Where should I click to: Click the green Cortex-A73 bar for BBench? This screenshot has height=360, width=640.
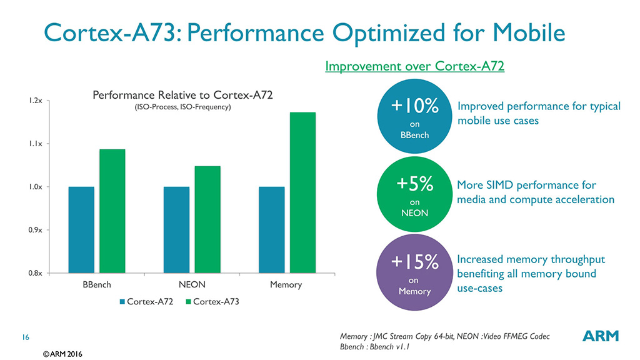click(x=112, y=211)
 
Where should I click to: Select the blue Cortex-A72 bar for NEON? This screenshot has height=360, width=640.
click(x=176, y=229)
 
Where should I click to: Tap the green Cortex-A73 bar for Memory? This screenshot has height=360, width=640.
click(x=303, y=192)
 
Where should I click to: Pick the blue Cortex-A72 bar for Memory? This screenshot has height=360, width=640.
click(x=271, y=229)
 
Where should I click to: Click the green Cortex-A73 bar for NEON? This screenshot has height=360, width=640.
click(x=207, y=219)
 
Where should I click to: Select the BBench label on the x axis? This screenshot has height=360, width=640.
click(x=97, y=284)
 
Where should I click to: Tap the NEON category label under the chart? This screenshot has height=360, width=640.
click(x=192, y=284)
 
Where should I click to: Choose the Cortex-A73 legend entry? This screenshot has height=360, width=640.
click(x=212, y=302)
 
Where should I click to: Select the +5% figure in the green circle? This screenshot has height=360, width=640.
click(x=414, y=185)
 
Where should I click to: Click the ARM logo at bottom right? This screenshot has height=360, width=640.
click(x=600, y=336)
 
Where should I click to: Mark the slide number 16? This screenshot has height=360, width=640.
click(x=26, y=337)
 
